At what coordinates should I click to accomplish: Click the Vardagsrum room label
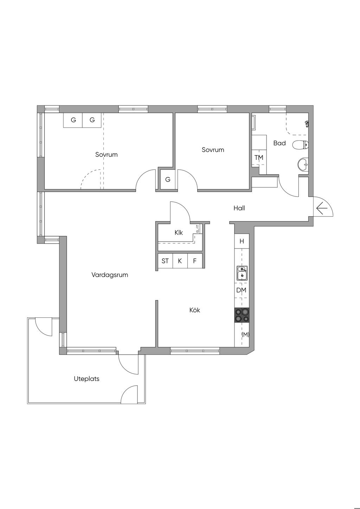tap(110, 275)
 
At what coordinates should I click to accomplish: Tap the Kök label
tap(195, 310)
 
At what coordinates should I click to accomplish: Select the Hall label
tap(239, 208)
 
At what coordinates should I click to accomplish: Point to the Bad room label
tap(279, 143)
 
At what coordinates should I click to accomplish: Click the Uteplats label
tap(86, 379)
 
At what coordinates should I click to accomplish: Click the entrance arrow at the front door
tap(322, 208)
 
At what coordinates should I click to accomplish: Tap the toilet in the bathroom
tap(301, 145)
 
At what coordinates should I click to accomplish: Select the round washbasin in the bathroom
tap(303, 163)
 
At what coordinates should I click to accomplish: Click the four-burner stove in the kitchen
tap(242, 315)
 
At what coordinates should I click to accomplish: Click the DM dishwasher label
tap(242, 290)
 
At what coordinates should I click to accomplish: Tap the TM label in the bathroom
tap(259, 157)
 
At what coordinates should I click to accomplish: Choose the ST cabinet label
tap(165, 261)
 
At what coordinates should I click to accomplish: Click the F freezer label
tap(195, 261)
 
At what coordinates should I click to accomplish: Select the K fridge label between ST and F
tap(180, 261)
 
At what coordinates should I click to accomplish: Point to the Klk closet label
tap(179, 233)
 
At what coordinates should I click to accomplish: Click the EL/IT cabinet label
tap(197, 229)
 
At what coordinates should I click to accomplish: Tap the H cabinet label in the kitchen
tap(242, 241)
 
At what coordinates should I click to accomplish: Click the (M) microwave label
tap(245, 335)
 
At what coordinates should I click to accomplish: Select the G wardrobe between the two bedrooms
tap(168, 180)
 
